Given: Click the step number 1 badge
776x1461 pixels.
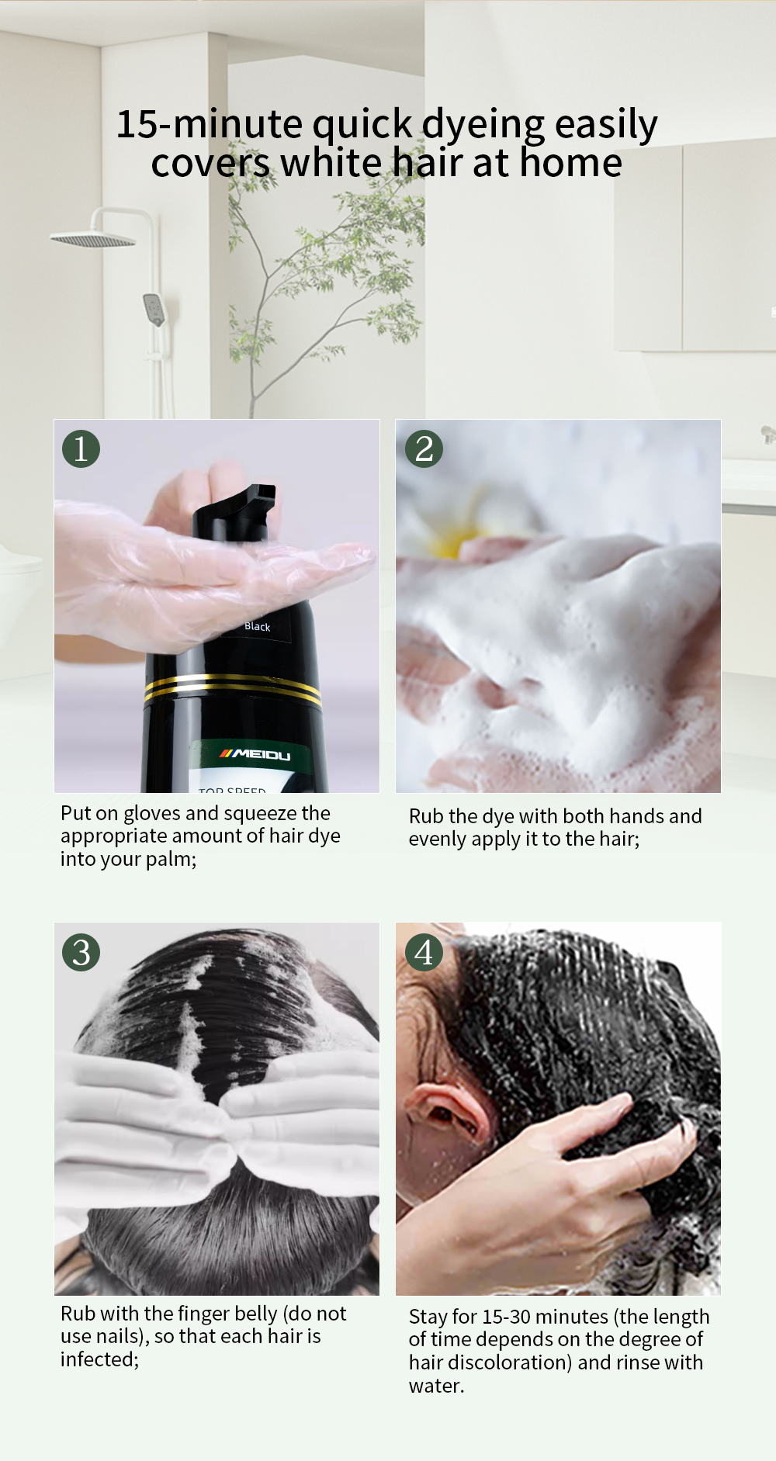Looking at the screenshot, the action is [x=81, y=448].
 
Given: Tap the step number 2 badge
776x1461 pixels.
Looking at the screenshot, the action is [x=424, y=448].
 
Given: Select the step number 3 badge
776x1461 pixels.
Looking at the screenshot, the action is [x=81, y=952].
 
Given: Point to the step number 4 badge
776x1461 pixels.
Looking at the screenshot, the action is [x=424, y=952].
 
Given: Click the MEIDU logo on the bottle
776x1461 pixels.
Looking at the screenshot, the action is [x=255, y=754].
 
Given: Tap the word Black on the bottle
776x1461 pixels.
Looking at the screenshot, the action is [x=258, y=626].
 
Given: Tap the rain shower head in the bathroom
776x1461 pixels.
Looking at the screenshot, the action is [x=93, y=239].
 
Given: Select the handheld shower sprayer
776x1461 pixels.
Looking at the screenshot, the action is [x=154, y=310].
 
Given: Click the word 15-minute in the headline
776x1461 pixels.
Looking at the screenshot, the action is [x=210, y=124].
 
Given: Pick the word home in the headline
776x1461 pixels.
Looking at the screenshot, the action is [x=571, y=163].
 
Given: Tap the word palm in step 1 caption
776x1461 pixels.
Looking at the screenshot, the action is [x=170, y=860].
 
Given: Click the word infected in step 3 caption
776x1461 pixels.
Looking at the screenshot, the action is [x=99, y=1359].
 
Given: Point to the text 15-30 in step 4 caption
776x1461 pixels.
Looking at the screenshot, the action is [x=507, y=1317].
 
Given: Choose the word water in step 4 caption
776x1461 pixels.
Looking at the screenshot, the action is [x=436, y=1386].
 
